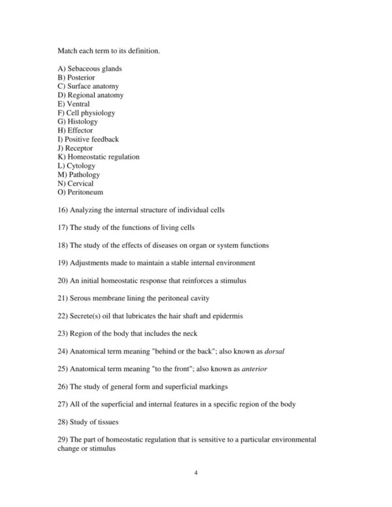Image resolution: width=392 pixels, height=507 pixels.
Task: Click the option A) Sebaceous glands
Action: (x=90, y=69)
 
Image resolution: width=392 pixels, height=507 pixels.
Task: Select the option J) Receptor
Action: (x=75, y=148)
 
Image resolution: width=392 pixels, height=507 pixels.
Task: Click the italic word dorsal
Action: (x=275, y=352)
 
